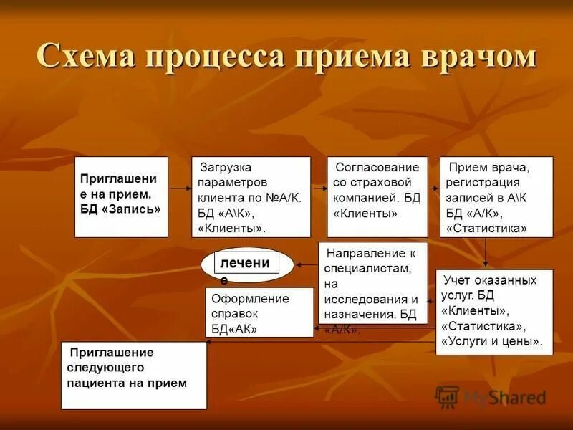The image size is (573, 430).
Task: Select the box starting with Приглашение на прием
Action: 121,196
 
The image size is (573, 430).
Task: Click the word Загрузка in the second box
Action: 225,167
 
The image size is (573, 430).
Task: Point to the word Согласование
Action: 376,167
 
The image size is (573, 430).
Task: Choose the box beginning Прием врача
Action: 496,196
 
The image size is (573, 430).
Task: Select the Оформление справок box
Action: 259,312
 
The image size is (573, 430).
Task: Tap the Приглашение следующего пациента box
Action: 133,375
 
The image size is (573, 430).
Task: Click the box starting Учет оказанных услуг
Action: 494,311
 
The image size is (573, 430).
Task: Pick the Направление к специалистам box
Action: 372,282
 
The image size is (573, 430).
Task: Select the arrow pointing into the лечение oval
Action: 307,264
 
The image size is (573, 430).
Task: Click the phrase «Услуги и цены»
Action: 491,341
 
